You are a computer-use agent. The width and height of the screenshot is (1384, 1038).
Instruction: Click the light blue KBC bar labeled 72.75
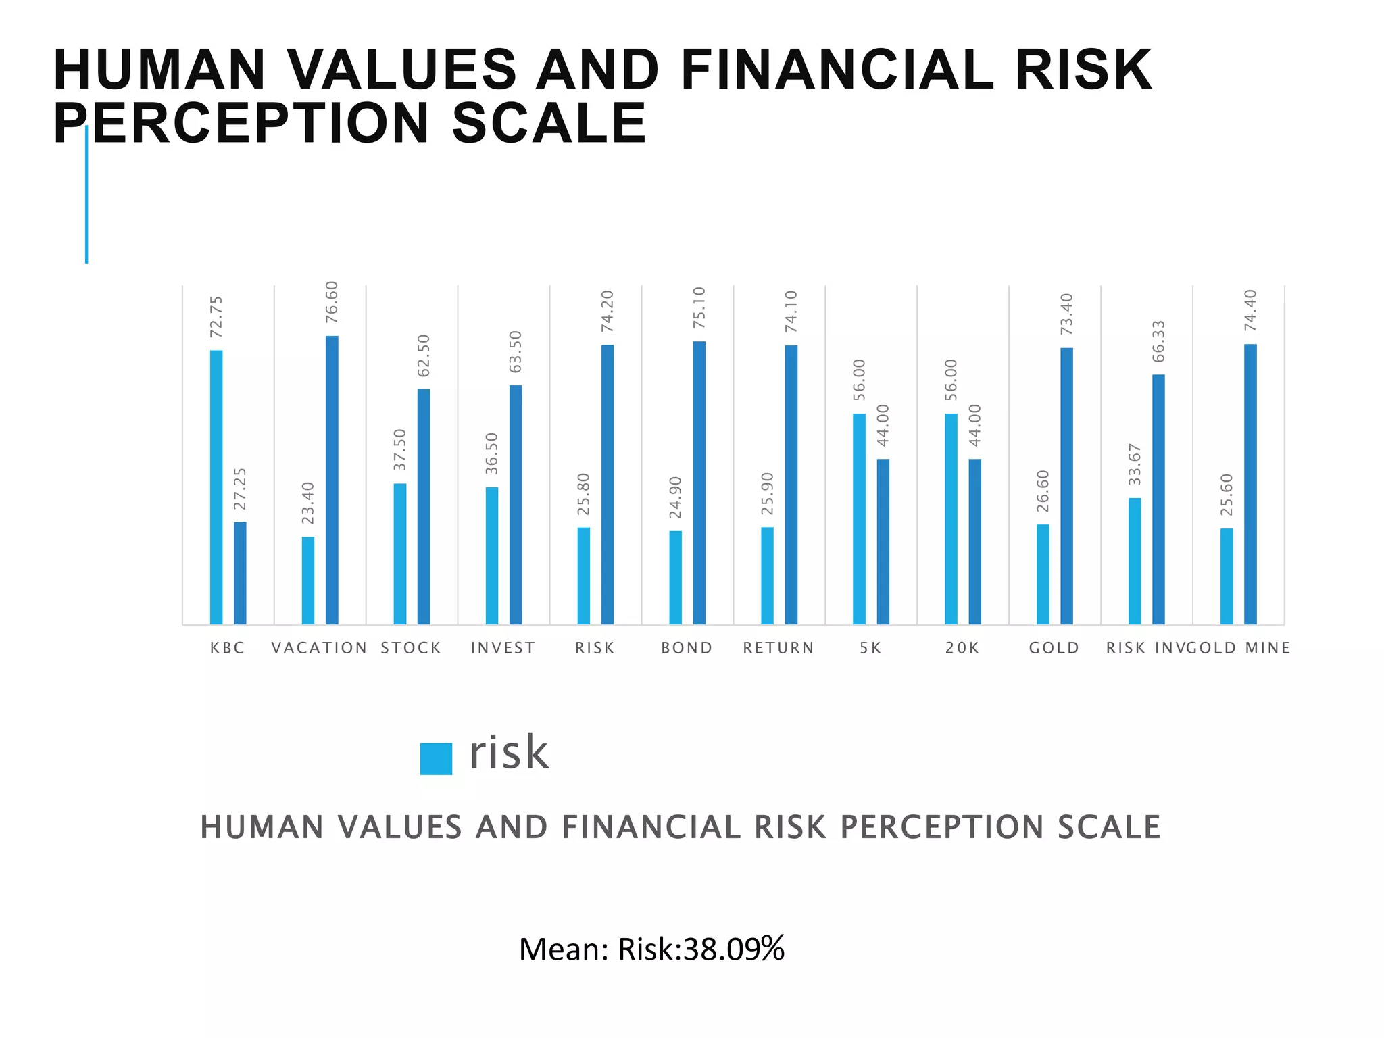point(216,487)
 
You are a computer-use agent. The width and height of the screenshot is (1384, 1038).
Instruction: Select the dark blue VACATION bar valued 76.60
point(332,480)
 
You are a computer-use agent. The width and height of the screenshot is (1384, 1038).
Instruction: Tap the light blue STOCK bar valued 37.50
point(400,553)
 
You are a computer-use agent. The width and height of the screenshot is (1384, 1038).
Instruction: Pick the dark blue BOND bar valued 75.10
point(699,483)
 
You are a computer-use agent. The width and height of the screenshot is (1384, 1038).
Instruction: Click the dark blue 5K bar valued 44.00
point(883,541)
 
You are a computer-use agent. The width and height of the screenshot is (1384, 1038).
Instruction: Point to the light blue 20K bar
point(951,518)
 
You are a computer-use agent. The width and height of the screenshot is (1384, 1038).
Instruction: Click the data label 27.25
point(240,489)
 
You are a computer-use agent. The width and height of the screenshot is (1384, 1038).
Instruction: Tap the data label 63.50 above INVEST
point(516,351)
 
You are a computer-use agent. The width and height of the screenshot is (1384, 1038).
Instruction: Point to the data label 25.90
point(767,493)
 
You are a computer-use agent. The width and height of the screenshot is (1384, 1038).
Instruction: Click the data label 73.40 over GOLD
point(1066,314)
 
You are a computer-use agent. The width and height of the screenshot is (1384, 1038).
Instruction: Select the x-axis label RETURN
point(778,648)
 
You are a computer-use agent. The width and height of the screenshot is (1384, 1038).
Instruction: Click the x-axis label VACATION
point(319,648)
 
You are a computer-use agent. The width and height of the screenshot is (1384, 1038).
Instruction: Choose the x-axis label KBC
point(227,648)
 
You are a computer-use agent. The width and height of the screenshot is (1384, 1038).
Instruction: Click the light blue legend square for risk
point(436,758)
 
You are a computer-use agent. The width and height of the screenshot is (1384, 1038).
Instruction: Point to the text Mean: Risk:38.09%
point(651,949)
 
